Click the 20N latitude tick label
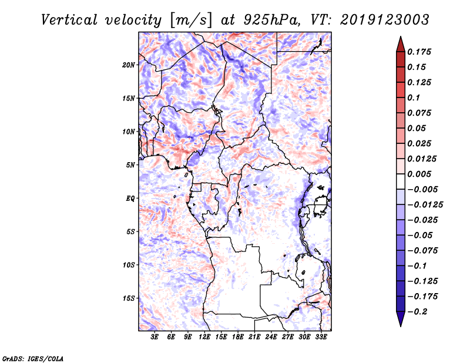tap(129, 65)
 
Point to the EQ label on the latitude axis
tap(130, 199)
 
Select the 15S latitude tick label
tap(129, 298)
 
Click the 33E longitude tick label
tap(321, 337)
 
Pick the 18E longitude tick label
tap(238, 337)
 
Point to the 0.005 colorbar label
tap(419, 174)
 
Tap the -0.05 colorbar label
tap(420, 235)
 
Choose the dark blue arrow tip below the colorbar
tap(400, 321)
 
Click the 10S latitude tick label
tap(129, 265)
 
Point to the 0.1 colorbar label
tap(414, 98)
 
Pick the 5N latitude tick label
tap(130, 165)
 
